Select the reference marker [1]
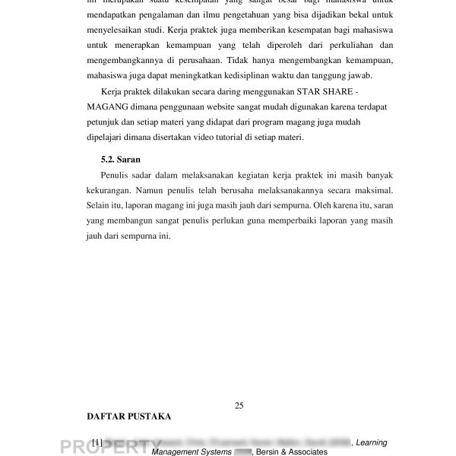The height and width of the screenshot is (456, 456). (97, 442)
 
